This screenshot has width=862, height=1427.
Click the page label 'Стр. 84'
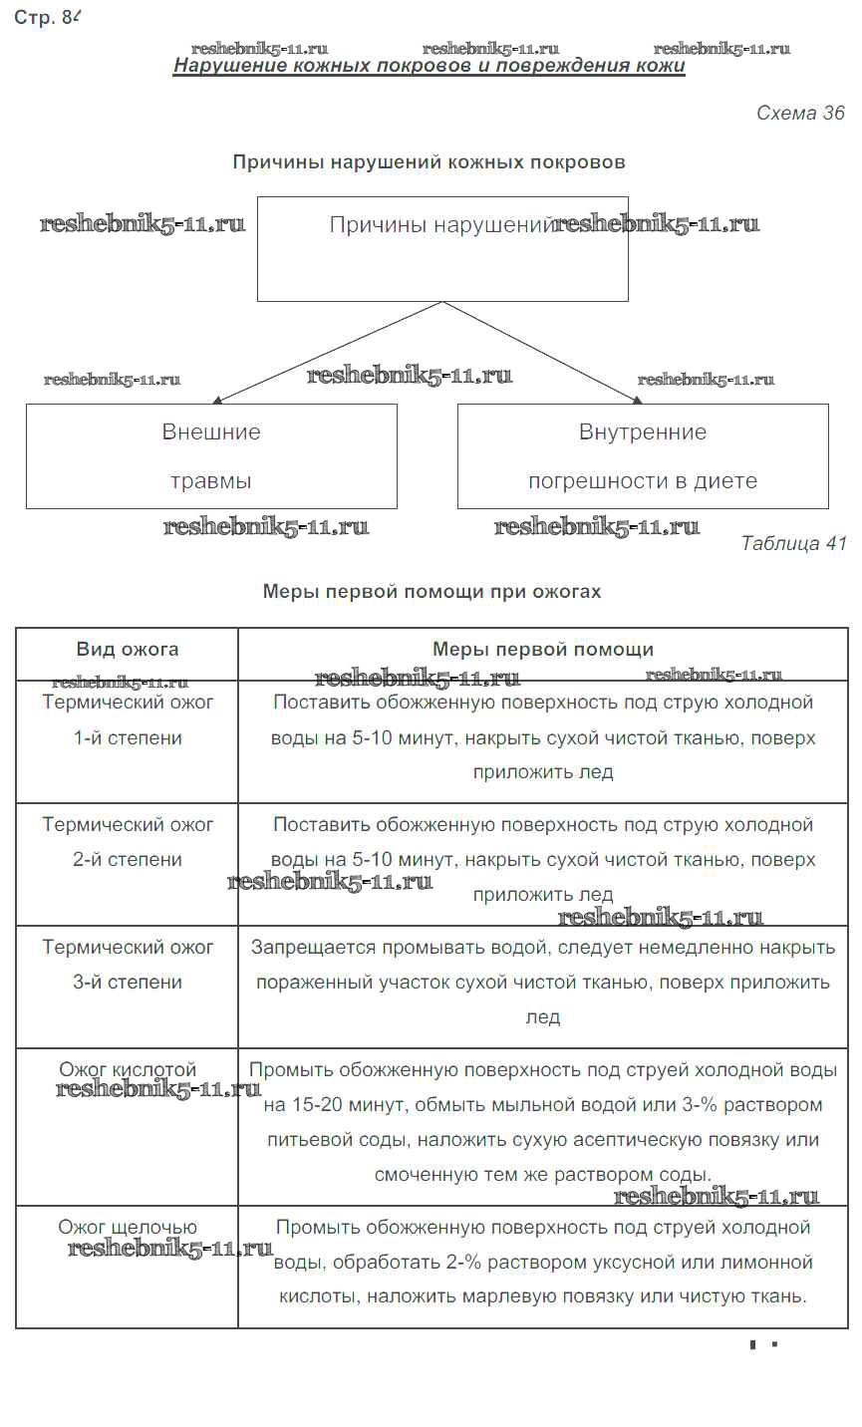pyautogui.click(x=46, y=17)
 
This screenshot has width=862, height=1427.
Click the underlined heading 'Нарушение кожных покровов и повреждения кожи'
pyautogui.click(x=429, y=66)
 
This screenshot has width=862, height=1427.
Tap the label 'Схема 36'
pyautogui.click(x=800, y=113)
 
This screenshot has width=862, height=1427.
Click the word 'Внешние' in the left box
pyautogui.click(x=211, y=432)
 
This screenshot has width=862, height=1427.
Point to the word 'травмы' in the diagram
pyautogui.click(x=211, y=481)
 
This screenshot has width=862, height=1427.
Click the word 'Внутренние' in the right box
pyautogui.click(x=643, y=432)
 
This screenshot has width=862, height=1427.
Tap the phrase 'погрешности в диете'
pyautogui.click(x=643, y=481)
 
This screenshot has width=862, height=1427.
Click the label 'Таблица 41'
pyautogui.click(x=793, y=543)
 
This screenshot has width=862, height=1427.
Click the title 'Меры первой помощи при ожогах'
pyautogui.click(x=431, y=591)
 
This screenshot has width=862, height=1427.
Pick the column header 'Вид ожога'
pyautogui.click(x=128, y=650)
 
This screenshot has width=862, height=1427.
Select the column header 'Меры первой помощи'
pyautogui.click(x=543, y=650)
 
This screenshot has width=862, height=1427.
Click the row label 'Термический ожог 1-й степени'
pyautogui.click(x=128, y=720)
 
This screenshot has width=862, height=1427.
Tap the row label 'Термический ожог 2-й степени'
pyautogui.click(x=128, y=842)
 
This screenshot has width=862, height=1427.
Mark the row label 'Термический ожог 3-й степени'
pyautogui.click(x=128, y=965)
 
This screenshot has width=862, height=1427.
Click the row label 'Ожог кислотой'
pyautogui.click(x=128, y=1070)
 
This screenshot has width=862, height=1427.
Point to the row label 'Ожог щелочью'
pyautogui.click(x=128, y=1228)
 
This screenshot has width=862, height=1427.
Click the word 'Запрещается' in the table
pyautogui.click(x=303, y=948)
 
